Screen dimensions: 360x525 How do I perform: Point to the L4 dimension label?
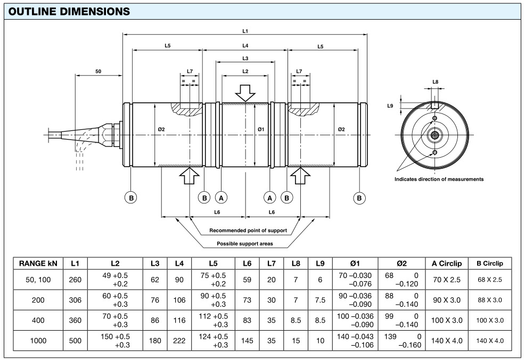coord(245,46)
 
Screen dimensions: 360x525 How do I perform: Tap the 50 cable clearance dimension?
coord(99,71)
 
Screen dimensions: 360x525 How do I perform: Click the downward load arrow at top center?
coord(245,92)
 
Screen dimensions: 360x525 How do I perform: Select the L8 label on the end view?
coord(435,82)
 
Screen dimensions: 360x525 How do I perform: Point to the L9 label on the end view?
coord(390,106)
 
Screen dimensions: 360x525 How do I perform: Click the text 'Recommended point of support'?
coord(248,231)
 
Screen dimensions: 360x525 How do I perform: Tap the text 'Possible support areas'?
coord(245,244)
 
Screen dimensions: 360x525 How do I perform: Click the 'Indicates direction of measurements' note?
coord(439,179)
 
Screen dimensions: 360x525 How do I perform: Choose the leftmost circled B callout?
coord(130,198)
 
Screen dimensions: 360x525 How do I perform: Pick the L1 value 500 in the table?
coord(75,340)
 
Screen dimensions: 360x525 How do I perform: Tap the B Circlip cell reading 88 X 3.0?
coord(489,300)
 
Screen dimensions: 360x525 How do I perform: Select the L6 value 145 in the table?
coord(247,340)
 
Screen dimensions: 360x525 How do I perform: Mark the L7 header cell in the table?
coord(272,264)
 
